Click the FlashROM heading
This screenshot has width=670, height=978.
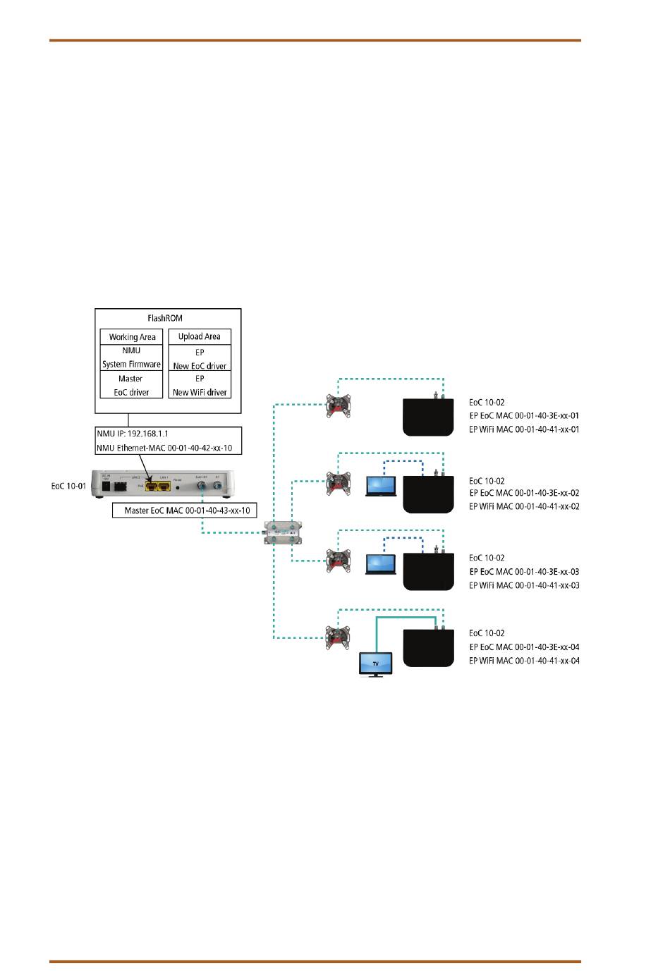point(165,319)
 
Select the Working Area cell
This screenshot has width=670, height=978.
point(132,337)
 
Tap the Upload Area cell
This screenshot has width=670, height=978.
point(200,337)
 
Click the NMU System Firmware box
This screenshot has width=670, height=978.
point(132,357)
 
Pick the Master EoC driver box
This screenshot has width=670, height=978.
point(132,385)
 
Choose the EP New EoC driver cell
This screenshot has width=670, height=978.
point(200,358)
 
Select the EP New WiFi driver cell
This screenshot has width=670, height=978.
point(200,385)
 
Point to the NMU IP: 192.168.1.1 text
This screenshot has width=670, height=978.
point(133,434)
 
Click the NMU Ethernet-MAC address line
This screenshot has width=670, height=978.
point(164,448)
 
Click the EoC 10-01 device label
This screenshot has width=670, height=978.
point(68,486)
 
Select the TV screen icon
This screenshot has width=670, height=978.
point(376,664)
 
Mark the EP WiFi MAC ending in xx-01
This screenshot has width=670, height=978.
point(524,429)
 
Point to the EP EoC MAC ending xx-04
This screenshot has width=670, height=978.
point(524,647)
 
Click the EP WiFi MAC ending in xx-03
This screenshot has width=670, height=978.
point(524,585)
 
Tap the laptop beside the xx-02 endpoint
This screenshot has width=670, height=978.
point(381,487)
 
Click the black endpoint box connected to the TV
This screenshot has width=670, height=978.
point(428,647)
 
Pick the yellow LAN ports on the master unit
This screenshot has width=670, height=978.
point(158,486)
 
